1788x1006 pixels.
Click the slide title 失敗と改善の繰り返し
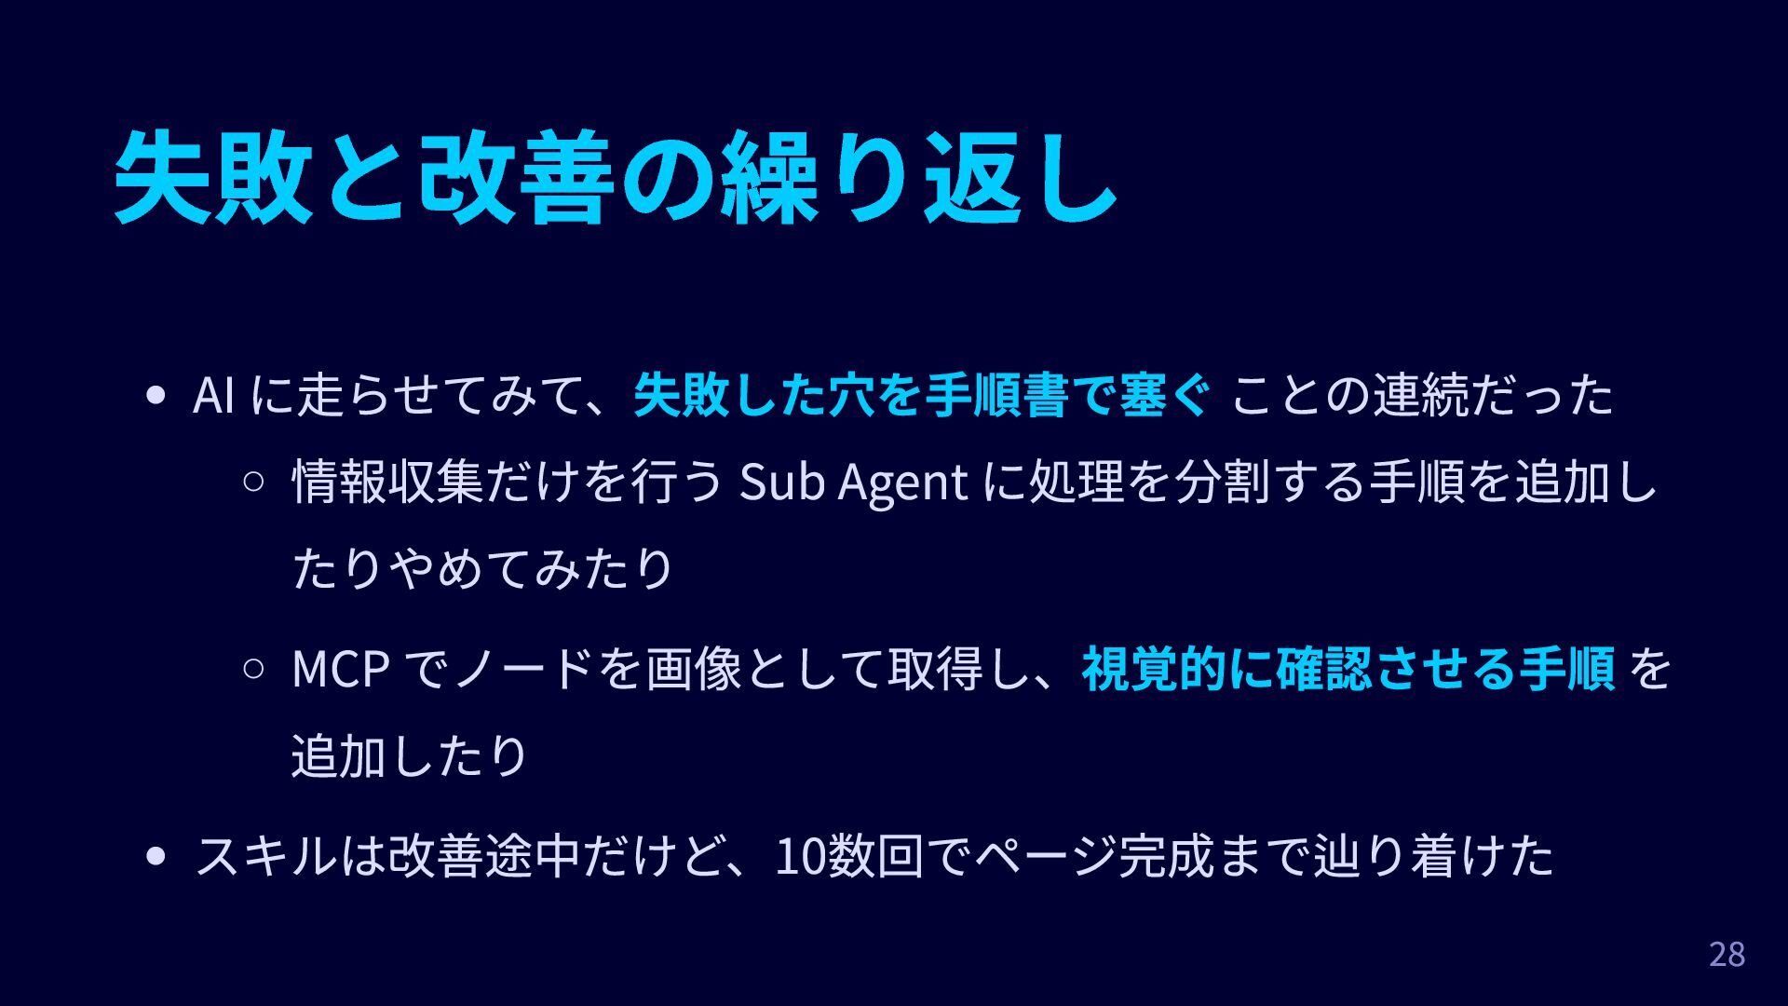coord(615,177)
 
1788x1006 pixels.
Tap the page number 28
coord(1727,955)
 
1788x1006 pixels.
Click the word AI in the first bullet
coord(213,396)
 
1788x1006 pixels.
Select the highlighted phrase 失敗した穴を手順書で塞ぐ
coord(922,396)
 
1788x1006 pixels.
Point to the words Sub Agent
coord(853,483)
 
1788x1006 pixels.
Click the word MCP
coord(340,669)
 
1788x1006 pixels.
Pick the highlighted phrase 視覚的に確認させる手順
coord(1348,669)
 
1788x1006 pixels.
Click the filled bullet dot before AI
coord(156,396)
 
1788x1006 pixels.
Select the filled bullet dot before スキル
coord(156,856)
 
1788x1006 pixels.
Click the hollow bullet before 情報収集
coord(253,483)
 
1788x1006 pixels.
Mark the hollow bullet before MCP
coord(253,669)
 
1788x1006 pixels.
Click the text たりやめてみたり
coord(482,568)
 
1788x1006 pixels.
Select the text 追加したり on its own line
coord(410,755)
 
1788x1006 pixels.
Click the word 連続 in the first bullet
coord(1420,396)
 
